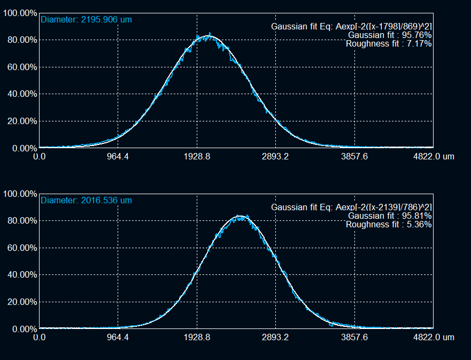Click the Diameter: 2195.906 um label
point(86,20)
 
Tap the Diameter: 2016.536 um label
point(86,201)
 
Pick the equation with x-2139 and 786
point(351,207)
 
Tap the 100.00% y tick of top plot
point(20,13)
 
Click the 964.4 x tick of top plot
point(118,157)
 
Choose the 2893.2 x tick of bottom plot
point(275,338)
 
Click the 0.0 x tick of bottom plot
point(39,338)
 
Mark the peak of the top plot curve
point(209,36)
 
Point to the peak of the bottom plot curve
point(240,216)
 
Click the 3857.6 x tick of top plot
point(354,157)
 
